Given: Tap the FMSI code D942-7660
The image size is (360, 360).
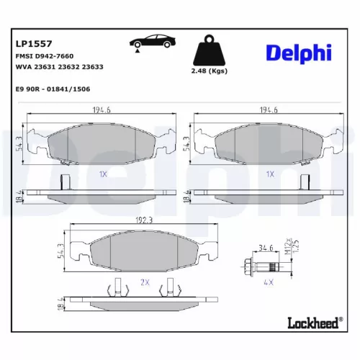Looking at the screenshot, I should tap(44, 55).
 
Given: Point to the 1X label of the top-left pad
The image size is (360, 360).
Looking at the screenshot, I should tap(102, 174).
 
